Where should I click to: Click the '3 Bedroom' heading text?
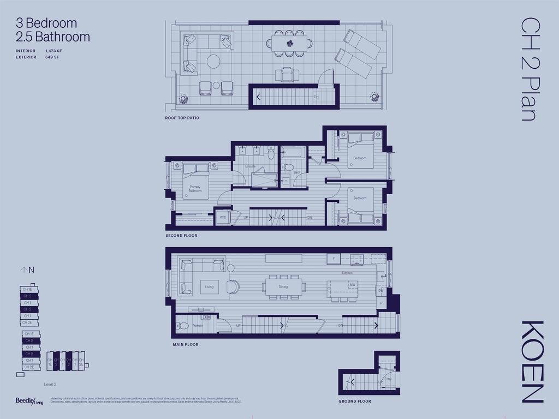(46, 23)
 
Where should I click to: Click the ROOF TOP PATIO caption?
(182, 118)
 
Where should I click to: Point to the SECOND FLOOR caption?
(181, 236)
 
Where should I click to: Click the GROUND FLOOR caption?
(354, 401)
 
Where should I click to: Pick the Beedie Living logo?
(29, 401)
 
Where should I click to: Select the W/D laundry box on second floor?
(223, 217)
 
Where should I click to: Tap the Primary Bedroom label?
(195, 189)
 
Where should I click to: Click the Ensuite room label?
(251, 166)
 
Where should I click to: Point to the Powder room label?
(197, 325)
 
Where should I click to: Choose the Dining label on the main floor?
(283, 286)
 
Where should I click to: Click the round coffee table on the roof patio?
(213, 61)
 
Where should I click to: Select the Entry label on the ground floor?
(388, 379)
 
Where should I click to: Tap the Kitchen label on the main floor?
(347, 273)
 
